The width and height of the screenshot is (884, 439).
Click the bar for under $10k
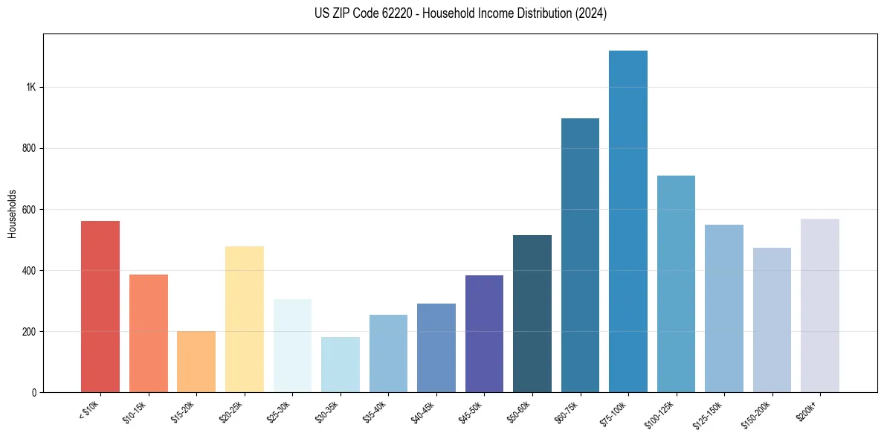point(100,307)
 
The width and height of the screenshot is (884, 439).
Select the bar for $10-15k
point(149,333)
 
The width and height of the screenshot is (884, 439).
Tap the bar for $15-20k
point(196,362)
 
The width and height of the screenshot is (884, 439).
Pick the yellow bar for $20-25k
point(245,319)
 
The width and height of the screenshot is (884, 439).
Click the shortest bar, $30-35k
point(341,365)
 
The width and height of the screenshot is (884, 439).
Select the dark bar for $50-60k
point(532,313)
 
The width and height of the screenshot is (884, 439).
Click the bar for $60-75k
point(580,255)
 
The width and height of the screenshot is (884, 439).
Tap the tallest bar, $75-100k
point(628,221)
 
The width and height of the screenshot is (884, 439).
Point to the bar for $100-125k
point(676,283)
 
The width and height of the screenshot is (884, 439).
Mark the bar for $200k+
point(820,305)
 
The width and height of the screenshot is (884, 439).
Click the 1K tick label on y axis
point(31,87)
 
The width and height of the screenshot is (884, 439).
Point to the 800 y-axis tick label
point(30,148)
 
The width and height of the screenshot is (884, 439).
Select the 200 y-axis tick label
point(30,331)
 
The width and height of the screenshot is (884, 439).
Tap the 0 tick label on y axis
point(34,392)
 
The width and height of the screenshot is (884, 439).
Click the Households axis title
point(13,214)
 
